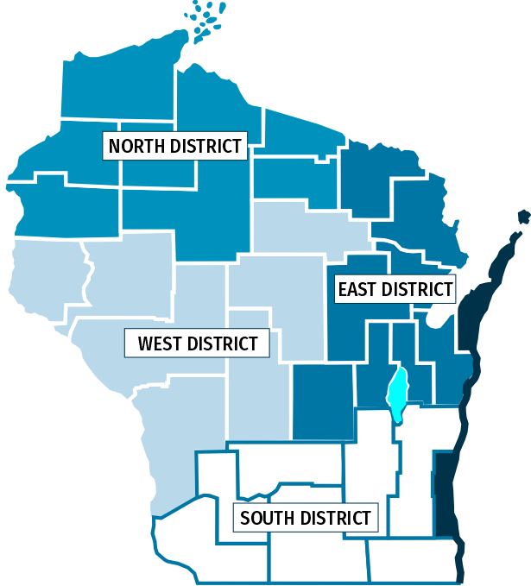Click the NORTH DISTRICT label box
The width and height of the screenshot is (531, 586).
click(x=175, y=146)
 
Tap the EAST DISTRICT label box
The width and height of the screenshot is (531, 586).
click(x=395, y=290)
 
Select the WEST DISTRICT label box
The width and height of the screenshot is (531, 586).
click(x=198, y=343)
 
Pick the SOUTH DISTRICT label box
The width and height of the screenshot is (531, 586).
click(x=306, y=519)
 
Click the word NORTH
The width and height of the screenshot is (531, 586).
click(x=137, y=146)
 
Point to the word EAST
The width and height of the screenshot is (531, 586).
click(x=357, y=290)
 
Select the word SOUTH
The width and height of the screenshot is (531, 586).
click(x=265, y=519)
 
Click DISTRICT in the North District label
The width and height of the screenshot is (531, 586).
click(x=206, y=146)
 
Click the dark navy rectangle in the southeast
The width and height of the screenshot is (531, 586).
click(x=445, y=492)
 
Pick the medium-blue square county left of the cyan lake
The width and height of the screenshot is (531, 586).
click(x=323, y=400)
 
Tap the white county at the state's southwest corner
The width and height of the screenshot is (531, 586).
click(x=207, y=552)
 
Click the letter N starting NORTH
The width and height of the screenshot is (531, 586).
click(x=115, y=146)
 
